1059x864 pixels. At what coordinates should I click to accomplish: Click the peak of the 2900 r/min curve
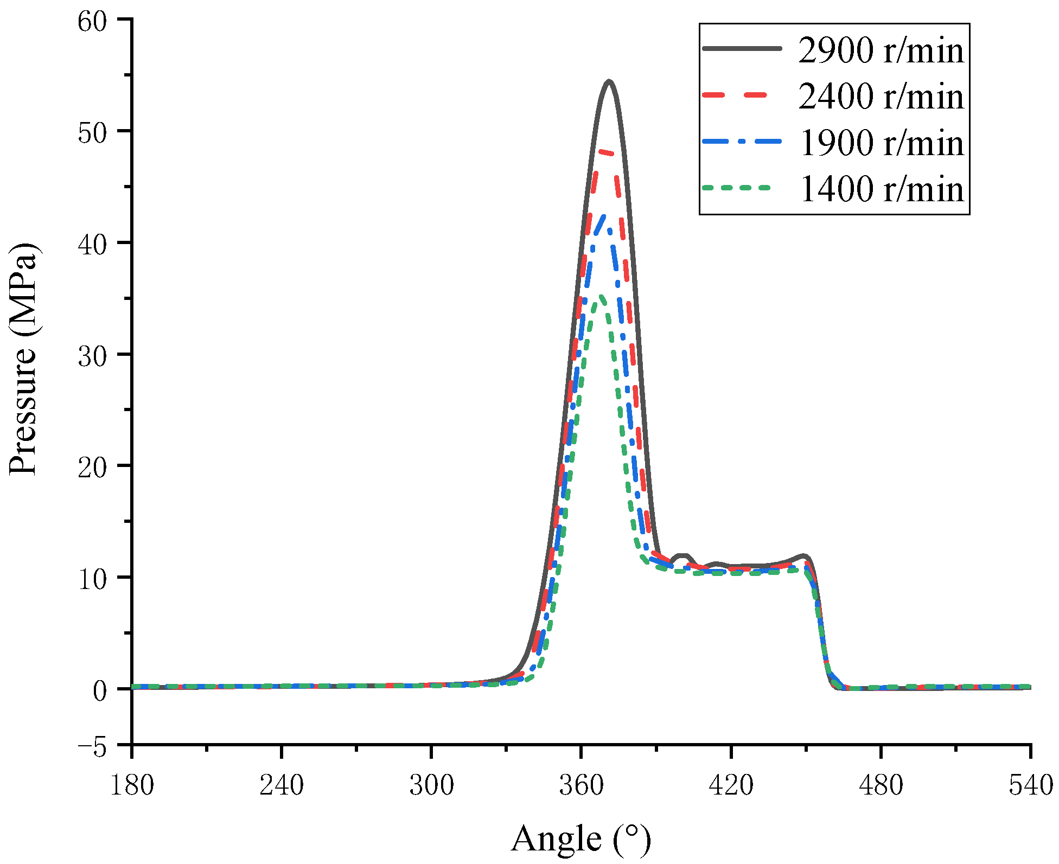click(609, 82)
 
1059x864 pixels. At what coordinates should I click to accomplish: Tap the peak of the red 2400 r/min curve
click(603, 152)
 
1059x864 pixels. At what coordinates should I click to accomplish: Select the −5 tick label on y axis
click(92, 747)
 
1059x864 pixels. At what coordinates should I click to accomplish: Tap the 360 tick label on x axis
click(581, 785)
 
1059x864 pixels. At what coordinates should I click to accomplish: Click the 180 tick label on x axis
click(132, 785)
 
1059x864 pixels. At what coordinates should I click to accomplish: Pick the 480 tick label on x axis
click(881, 785)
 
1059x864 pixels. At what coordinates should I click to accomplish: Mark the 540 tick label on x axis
click(1030, 785)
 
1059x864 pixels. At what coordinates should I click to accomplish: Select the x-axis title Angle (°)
click(580, 839)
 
